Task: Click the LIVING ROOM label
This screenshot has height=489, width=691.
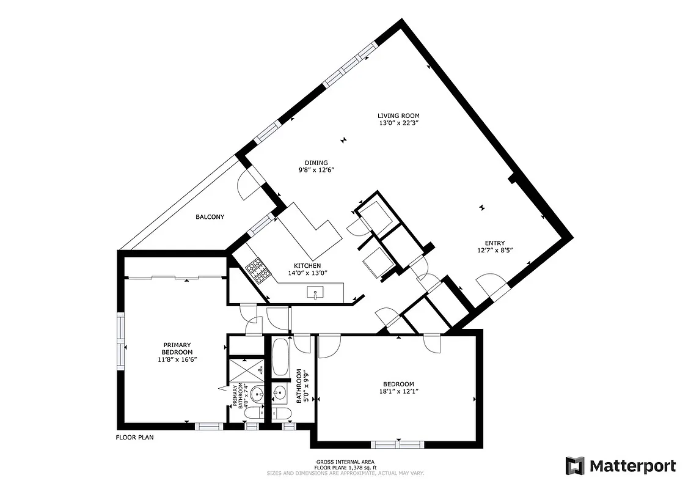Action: [398, 116]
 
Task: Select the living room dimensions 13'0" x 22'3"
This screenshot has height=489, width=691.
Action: [398, 123]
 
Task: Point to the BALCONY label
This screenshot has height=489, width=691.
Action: [210, 217]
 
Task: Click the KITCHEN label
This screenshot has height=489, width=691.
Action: [307, 265]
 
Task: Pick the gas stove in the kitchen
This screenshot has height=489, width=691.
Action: [257, 271]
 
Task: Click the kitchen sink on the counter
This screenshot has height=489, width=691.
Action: [316, 294]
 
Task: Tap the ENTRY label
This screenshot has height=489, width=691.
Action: [494, 243]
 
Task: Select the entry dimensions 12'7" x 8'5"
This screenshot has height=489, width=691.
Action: [494, 250]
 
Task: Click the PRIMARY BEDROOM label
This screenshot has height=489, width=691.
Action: [177, 348]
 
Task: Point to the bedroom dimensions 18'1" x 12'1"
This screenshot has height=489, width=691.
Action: [398, 391]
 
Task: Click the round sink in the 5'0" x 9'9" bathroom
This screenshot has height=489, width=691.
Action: [281, 392]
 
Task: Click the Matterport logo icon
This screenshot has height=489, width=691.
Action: [575, 466]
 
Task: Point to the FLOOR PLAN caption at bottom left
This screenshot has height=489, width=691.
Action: [135, 438]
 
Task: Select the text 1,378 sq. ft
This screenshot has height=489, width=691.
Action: [357, 467]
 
